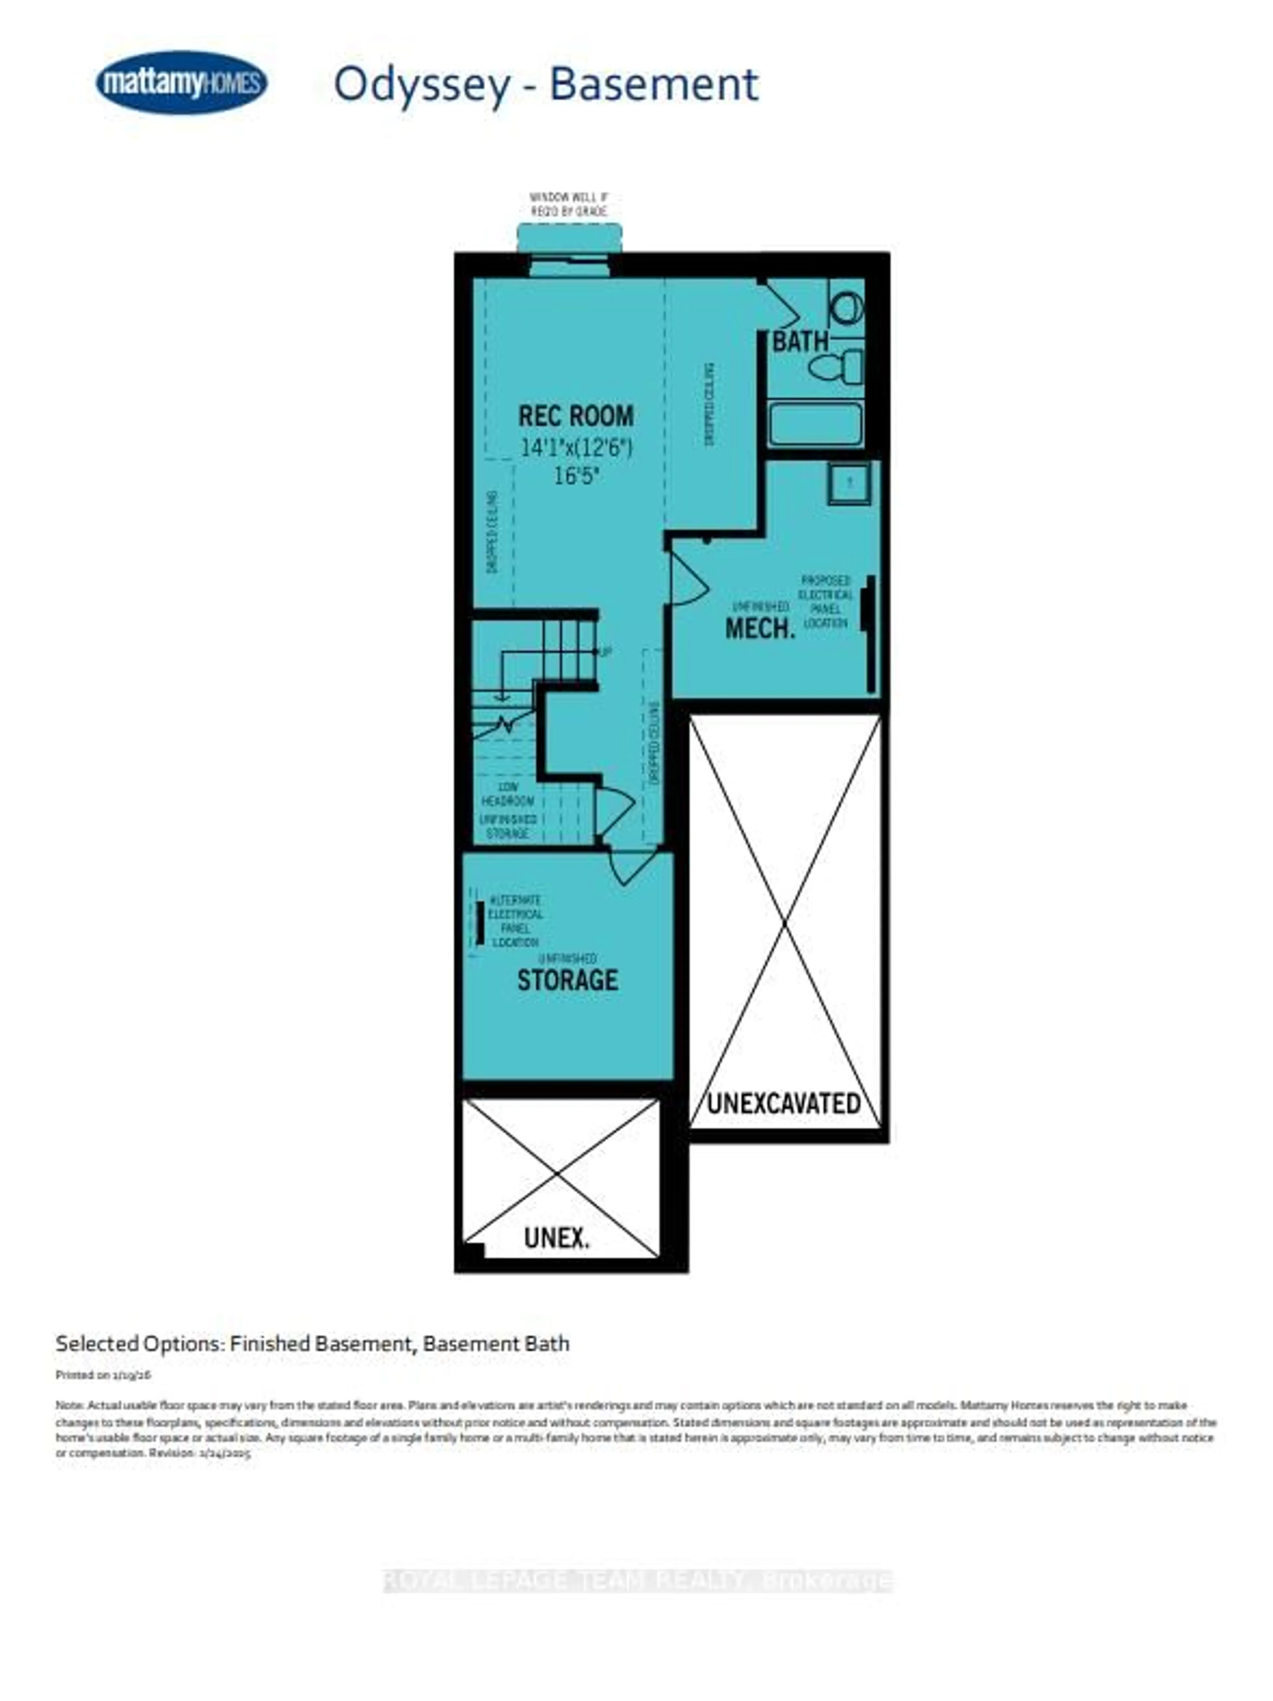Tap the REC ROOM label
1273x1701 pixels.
(576, 416)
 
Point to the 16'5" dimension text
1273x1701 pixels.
(576, 476)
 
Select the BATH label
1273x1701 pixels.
(800, 341)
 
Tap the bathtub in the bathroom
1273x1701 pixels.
(815, 424)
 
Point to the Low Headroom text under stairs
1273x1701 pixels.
(507, 794)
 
